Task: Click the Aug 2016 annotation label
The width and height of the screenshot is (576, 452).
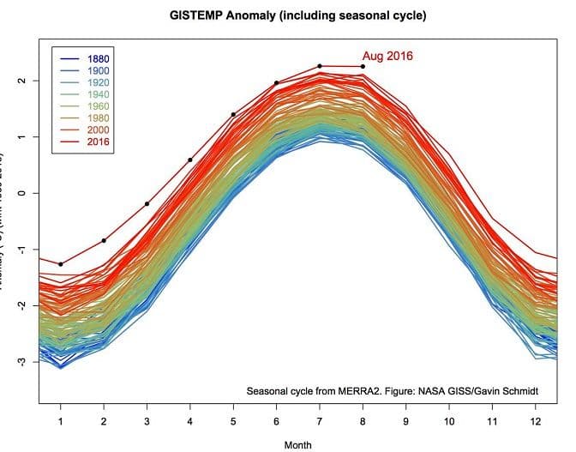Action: coord(388,57)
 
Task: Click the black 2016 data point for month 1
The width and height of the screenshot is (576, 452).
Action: coord(61,264)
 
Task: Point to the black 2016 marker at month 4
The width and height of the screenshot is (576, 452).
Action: coord(189,160)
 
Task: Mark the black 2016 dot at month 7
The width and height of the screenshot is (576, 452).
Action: coord(319,66)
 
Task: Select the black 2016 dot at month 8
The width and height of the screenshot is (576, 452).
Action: coord(363,67)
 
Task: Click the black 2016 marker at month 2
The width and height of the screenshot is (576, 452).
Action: coord(104,241)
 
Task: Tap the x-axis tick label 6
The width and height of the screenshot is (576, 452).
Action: coord(276,420)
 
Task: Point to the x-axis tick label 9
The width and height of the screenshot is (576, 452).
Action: coord(405,420)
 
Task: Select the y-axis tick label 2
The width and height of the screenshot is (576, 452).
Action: coord(20,81)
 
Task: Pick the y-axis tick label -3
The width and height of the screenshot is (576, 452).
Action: coord(20,361)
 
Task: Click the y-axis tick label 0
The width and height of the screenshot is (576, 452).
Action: coord(20,193)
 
